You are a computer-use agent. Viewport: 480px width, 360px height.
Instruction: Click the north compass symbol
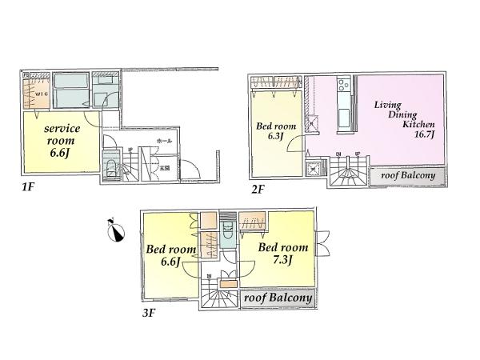pyautogui.click(x=118, y=232)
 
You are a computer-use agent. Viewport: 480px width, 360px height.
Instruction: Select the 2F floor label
pyautogui.click(x=256, y=190)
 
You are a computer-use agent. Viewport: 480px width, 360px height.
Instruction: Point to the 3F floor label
pyautogui.click(x=150, y=313)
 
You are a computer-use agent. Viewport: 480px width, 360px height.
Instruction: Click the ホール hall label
pyautogui.click(x=164, y=141)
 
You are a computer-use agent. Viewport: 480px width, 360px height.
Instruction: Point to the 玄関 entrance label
pyautogui.click(x=165, y=167)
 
